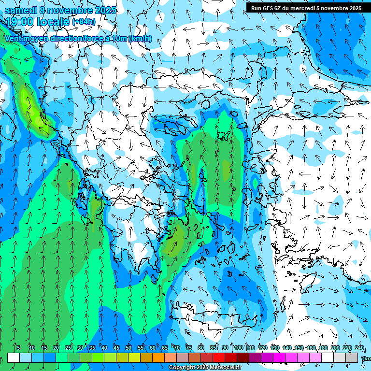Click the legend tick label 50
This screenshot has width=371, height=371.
coord(128,348)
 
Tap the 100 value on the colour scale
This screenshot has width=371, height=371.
coord(239,348)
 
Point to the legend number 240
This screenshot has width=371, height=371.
coord(359,348)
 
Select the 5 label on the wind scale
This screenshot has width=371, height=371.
coord(18,348)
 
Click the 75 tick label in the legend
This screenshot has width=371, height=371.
coord(189,348)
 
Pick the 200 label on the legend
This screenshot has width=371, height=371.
coord(335,348)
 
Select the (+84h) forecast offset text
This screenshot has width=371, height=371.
coord(84,21)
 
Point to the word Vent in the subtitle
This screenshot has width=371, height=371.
coord(14,39)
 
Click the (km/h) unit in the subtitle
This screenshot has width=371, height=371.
coord(141,39)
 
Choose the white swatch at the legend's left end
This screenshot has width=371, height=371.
coord(14,358)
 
